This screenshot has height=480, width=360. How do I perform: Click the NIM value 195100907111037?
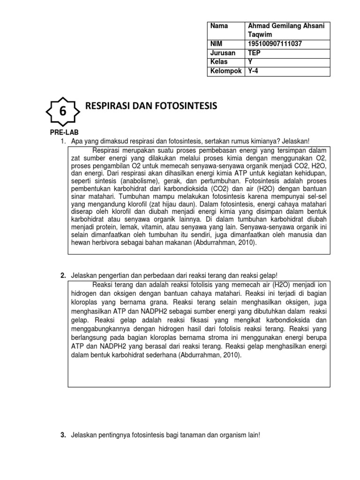[274, 44]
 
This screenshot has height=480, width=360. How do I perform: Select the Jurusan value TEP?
[254, 53]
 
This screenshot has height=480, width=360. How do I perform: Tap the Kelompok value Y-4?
[253, 71]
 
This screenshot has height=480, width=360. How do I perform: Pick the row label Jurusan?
[223, 53]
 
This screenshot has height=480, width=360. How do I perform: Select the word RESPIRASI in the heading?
[108, 106]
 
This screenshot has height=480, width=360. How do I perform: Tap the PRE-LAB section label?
[62, 133]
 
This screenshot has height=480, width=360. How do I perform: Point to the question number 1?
[63, 142]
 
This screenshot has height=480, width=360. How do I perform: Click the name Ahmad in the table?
[258, 26]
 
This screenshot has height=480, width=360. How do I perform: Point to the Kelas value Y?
[250, 62]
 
